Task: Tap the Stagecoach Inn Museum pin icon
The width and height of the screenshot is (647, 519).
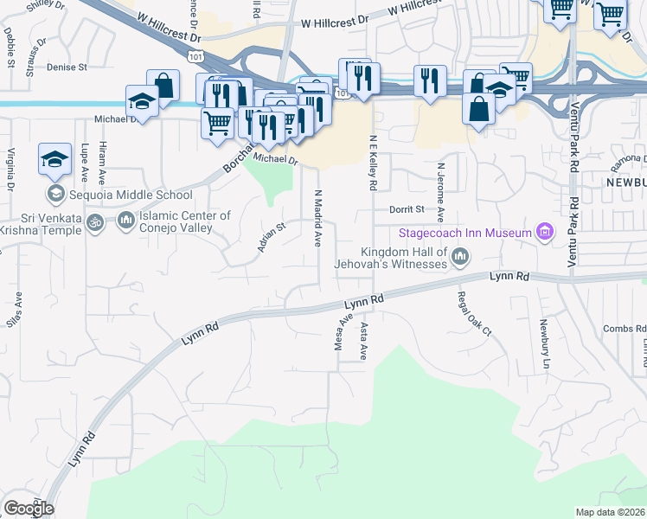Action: (544, 232)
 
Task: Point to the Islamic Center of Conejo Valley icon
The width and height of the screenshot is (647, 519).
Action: (125, 222)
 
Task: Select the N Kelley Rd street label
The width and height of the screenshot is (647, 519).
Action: (373, 163)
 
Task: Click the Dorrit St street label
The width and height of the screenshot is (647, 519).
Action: (407, 209)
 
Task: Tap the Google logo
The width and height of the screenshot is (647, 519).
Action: (28, 509)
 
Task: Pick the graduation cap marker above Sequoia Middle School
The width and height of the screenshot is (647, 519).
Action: (54, 159)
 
